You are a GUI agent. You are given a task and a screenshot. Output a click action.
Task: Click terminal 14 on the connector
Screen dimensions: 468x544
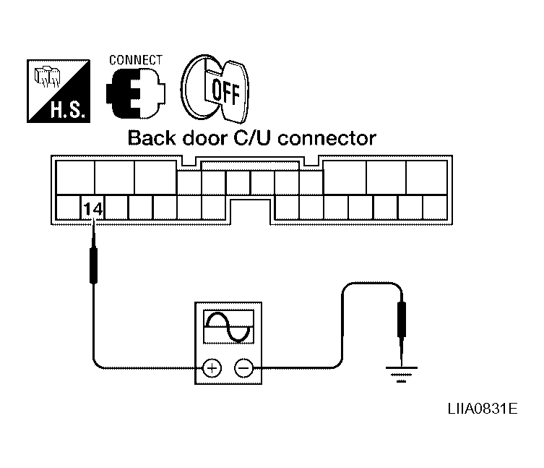[93, 208]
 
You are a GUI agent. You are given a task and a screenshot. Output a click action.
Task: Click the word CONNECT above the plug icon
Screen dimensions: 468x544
[135, 59]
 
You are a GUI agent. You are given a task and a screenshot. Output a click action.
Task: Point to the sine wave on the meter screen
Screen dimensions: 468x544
[228, 327]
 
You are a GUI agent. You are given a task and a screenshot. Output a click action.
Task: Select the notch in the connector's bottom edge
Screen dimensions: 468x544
[251, 212]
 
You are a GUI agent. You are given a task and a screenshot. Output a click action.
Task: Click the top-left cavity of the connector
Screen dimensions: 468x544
[74, 176]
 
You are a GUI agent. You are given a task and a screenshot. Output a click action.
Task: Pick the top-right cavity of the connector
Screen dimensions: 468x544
[426, 176]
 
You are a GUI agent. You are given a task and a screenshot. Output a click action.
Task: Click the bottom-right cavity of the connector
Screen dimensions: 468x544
[434, 208]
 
